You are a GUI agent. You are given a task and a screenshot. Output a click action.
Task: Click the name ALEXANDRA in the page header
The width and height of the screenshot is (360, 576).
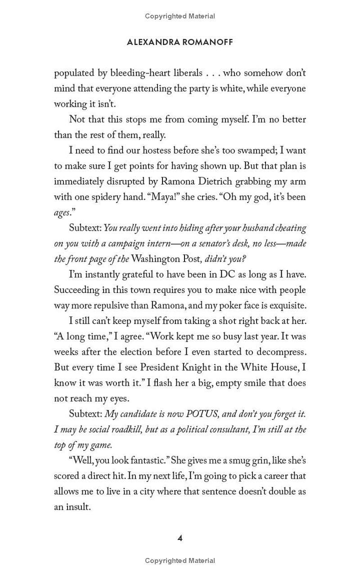pos(153,42)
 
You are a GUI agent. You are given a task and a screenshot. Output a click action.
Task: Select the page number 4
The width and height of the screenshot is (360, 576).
pos(180,538)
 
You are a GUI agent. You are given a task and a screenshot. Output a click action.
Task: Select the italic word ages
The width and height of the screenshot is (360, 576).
pos(62,213)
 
